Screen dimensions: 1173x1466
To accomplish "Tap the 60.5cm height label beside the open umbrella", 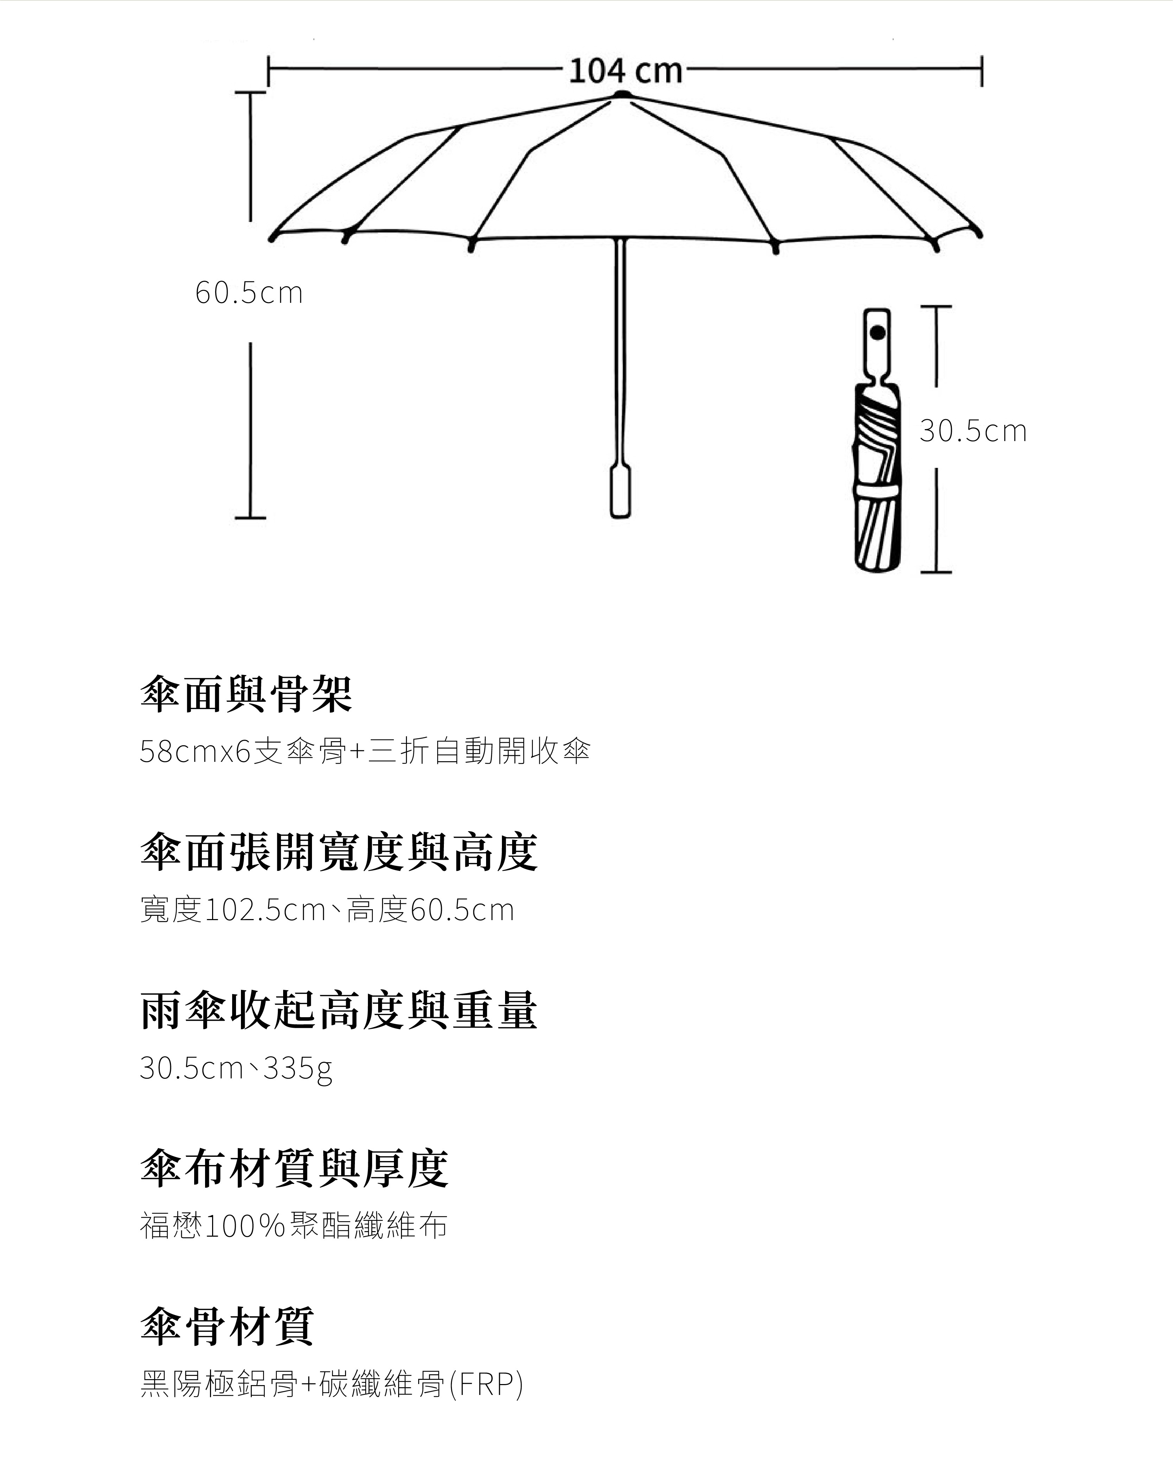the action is point(249,293).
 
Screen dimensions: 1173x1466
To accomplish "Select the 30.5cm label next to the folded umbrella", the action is point(973,431).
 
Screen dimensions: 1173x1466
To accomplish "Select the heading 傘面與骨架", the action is point(246,694).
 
